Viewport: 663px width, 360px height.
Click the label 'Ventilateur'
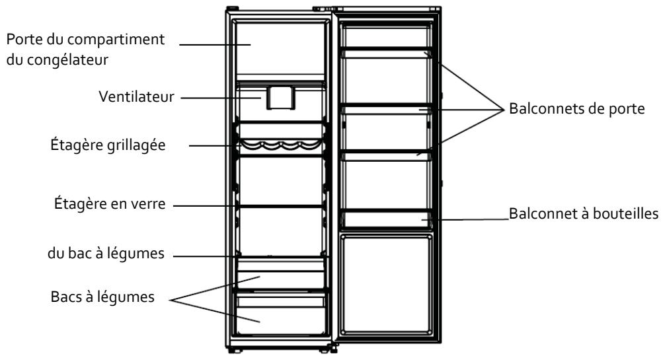pos(137,96)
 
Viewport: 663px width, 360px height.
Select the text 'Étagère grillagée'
pos(108,145)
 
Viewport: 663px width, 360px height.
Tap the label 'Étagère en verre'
pos(110,203)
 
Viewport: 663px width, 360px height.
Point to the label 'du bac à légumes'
pos(106,254)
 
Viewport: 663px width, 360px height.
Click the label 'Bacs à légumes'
pos(102,297)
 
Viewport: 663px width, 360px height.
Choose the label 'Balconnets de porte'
pos(577,108)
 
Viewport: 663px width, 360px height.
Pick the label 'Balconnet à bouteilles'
pos(584,213)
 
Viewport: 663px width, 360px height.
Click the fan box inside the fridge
pos(281,98)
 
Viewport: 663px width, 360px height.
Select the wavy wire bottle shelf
pos(280,145)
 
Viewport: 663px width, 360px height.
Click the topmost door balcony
pos(387,52)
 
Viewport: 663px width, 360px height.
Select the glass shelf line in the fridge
pos(281,207)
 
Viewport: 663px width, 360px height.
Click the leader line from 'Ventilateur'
pos(221,98)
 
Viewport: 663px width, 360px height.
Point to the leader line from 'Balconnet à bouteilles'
pos(465,219)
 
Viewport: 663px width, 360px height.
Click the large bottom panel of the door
pos(387,284)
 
